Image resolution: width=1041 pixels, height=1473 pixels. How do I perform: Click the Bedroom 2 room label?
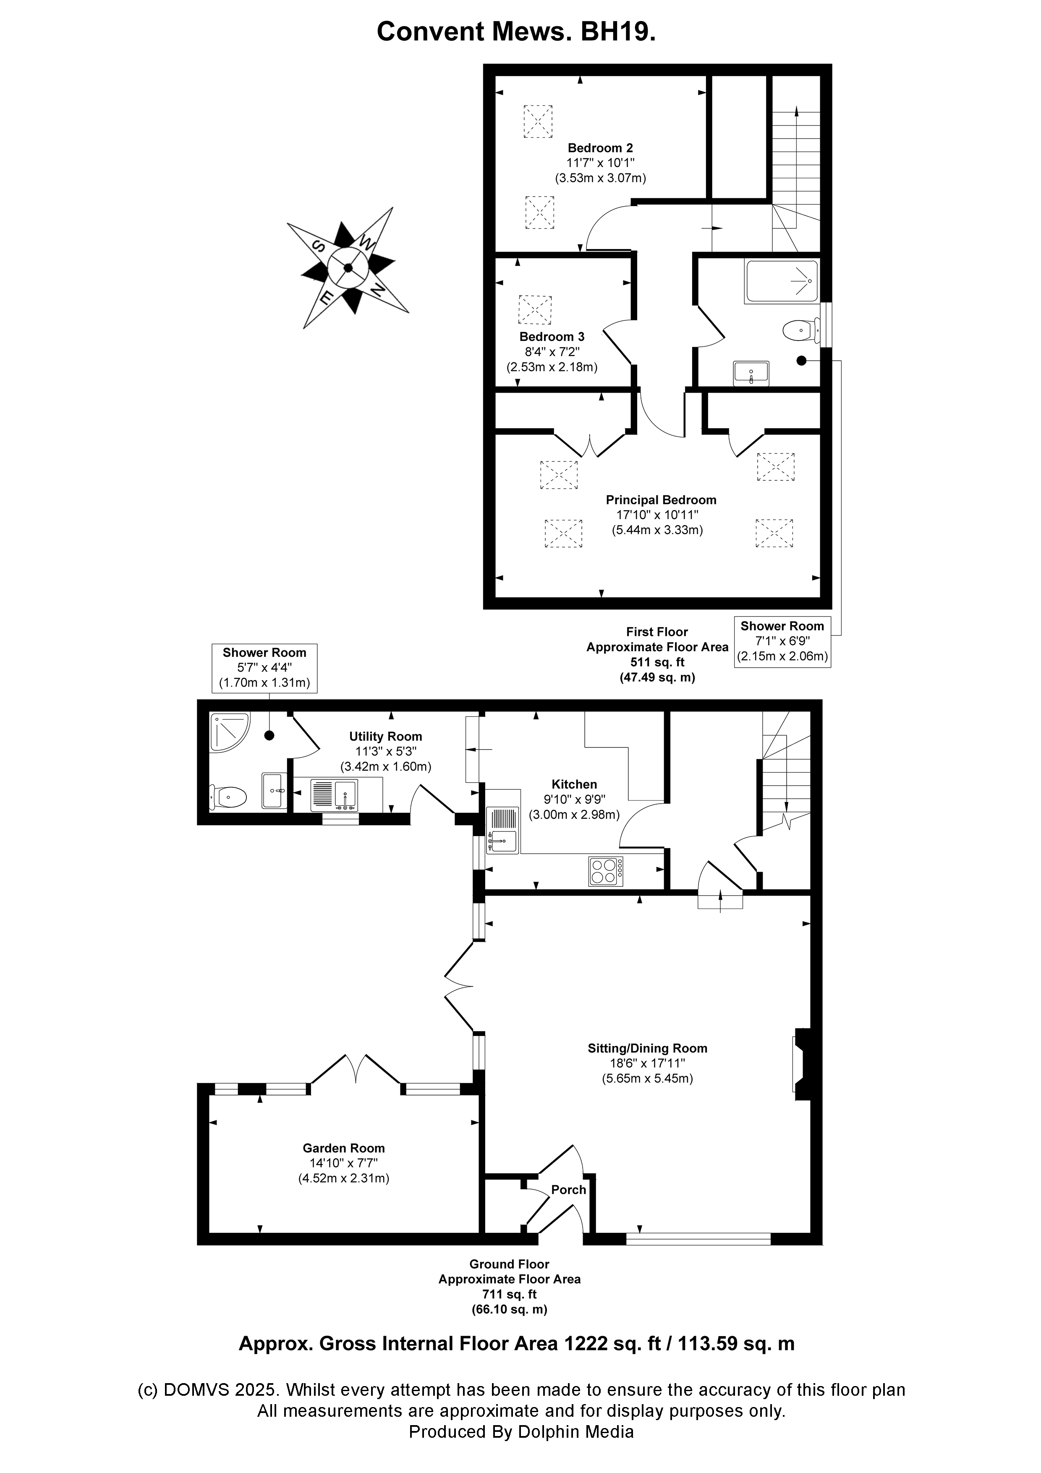(600, 148)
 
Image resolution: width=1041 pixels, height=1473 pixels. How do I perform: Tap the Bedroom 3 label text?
(552, 337)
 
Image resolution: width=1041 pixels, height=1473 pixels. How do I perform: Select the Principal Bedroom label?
(661, 500)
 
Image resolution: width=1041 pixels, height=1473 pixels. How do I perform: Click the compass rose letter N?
(378, 290)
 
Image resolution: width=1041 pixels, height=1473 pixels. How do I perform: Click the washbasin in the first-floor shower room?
(751, 373)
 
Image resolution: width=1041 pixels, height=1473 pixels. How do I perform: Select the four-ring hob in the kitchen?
(605, 872)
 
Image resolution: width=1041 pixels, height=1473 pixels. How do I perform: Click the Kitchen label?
(574, 784)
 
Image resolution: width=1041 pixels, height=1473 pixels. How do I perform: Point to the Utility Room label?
(385, 736)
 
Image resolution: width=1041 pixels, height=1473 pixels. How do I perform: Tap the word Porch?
(568, 1190)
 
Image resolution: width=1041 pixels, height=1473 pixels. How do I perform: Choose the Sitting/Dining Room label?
(647, 1048)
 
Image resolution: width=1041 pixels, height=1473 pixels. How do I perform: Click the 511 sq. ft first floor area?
(657, 662)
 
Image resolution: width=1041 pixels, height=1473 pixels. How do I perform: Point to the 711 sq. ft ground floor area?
(509, 1294)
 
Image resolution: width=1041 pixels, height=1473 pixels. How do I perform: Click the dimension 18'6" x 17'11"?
(647, 1064)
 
